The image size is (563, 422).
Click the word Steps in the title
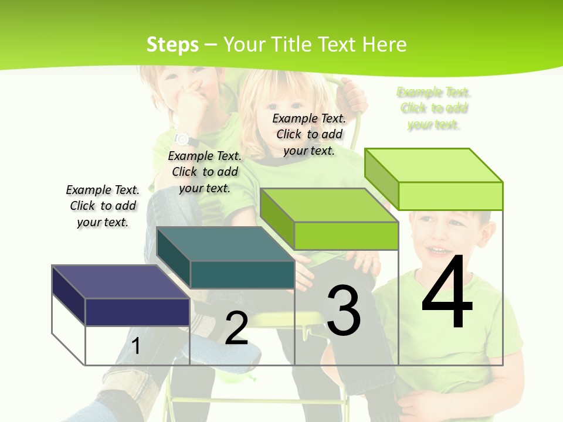click(x=172, y=45)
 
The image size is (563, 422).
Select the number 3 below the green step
click(x=344, y=310)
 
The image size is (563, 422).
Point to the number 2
click(x=236, y=328)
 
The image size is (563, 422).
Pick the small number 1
click(x=135, y=346)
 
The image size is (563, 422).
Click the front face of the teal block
click(x=242, y=274)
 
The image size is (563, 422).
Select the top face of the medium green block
click(x=329, y=205)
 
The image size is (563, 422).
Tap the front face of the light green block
click(x=450, y=196)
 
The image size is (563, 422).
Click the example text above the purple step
click(x=103, y=206)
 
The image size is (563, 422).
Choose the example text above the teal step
click(x=205, y=172)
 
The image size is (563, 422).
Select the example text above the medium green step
click(x=309, y=134)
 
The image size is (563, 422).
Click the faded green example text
click(x=434, y=108)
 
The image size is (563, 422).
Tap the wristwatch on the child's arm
click(x=182, y=139)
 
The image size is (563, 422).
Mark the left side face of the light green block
click(x=381, y=176)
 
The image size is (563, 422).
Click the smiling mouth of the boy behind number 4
click(x=436, y=251)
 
